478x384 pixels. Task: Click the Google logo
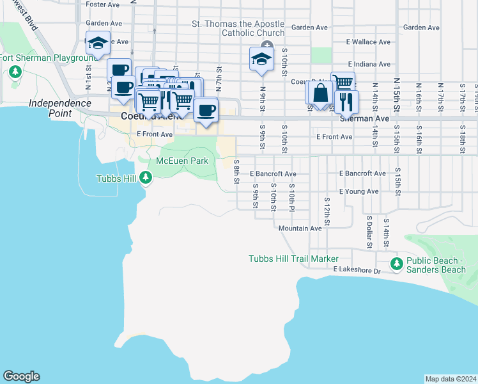coord(21,376)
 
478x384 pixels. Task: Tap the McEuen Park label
coord(182,161)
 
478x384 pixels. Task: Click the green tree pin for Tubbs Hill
coord(147,178)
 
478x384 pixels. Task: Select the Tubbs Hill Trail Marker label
coord(293,259)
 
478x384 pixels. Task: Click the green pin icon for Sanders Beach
coord(396,264)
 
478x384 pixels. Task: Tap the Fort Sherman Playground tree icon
coord(15,71)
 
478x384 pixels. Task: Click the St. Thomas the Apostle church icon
coord(267,45)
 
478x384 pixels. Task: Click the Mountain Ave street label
coord(300,228)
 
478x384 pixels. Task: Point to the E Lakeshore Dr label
coord(357,271)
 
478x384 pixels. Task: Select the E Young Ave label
coord(359,191)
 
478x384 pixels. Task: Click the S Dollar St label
coord(369,230)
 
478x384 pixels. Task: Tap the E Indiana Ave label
coord(369,65)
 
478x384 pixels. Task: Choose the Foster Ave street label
coord(103,4)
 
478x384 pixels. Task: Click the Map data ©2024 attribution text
coord(450,379)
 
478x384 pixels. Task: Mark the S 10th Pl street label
coord(291,195)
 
